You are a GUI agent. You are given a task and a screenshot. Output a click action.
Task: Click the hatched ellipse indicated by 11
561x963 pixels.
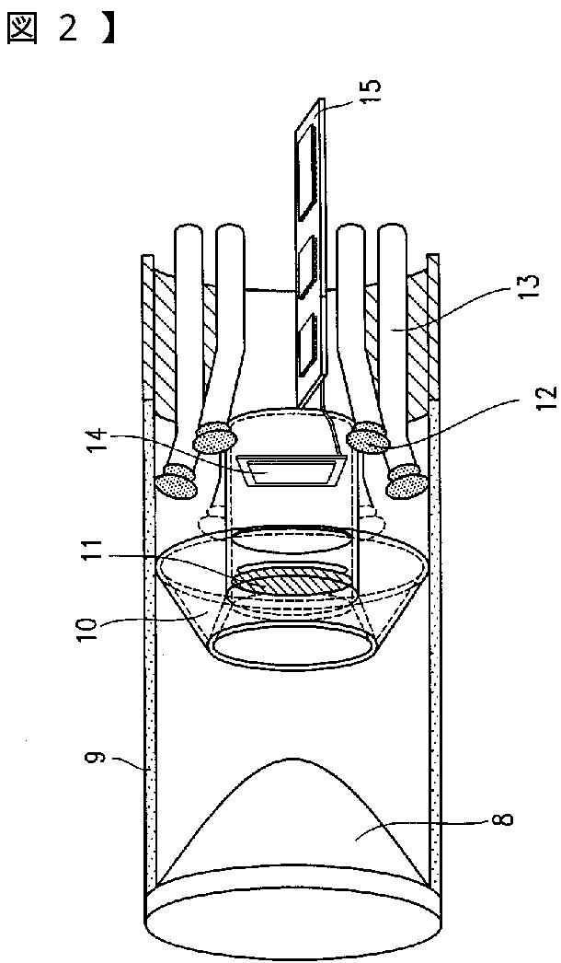(290, 584)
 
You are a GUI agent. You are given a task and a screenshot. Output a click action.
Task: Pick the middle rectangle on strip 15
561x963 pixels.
(307, 258)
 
